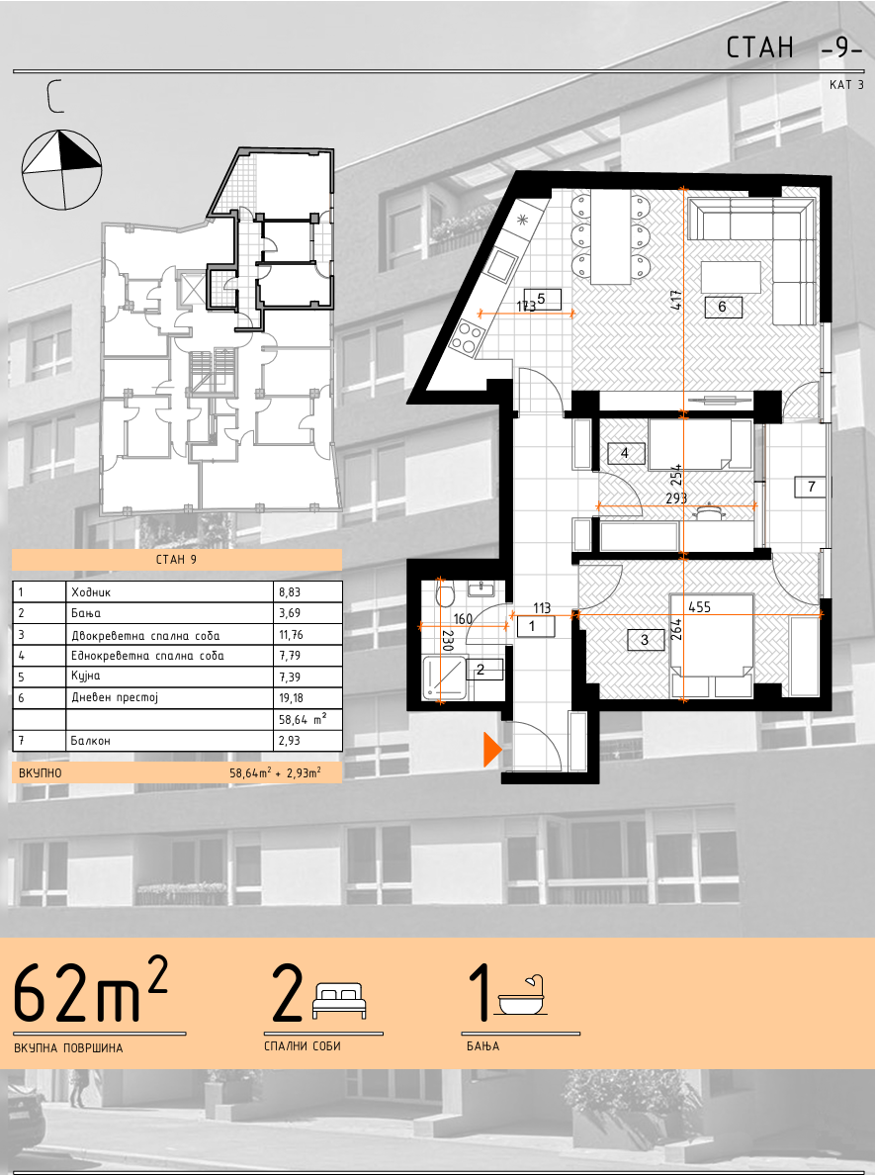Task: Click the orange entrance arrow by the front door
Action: pyautogui.click(x=491, y=749)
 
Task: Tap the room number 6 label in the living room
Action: pyautogui.click(x=723, y=307)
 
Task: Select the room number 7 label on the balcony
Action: pyautogui.click(x=811, y=487)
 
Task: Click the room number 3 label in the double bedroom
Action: pyautogui.click(x=646, y=641)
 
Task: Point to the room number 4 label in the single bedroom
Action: pyautogui.click(x=624, y=453)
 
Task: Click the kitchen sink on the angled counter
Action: pyautogui.click(x=500, y=263)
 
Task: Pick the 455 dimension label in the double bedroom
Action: pyautogui.click(x=699, y=606)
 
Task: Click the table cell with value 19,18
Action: pyautogui.click(x=290, y=697)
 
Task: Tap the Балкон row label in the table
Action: pyautogui.click(x=91, y=741)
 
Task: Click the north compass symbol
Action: pyautogui.click(x=60, y=169)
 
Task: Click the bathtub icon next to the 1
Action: pyautogui.click(x=523, y=996)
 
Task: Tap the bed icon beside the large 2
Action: pyautogui.click(x=339, y=1001)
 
